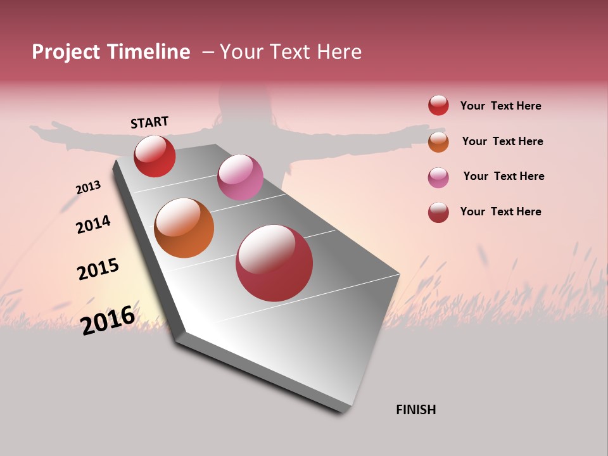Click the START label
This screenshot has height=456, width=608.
point(149,122)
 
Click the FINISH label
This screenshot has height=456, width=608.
point(415,410)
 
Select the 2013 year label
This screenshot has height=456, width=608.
point(88,187)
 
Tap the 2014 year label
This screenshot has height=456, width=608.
point(93,224)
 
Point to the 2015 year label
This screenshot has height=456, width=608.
point(98,269)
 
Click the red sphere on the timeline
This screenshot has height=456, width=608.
point(155,156)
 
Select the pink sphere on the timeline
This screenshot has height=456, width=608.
point(240,177)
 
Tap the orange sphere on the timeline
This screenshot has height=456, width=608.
point(184,228)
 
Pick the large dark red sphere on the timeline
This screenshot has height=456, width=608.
point(274,263)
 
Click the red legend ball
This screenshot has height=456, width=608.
point(438,106)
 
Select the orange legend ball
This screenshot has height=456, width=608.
point(438,141)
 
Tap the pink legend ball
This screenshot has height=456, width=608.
point(438,177)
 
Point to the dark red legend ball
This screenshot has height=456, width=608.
point(438,212)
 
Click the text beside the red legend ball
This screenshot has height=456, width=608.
point(500,106)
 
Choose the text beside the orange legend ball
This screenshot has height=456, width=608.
point(502,141)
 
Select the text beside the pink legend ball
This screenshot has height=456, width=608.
point(503,176)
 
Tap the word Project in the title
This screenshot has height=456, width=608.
point(66,52)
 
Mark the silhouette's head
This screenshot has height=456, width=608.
point(236,101)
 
